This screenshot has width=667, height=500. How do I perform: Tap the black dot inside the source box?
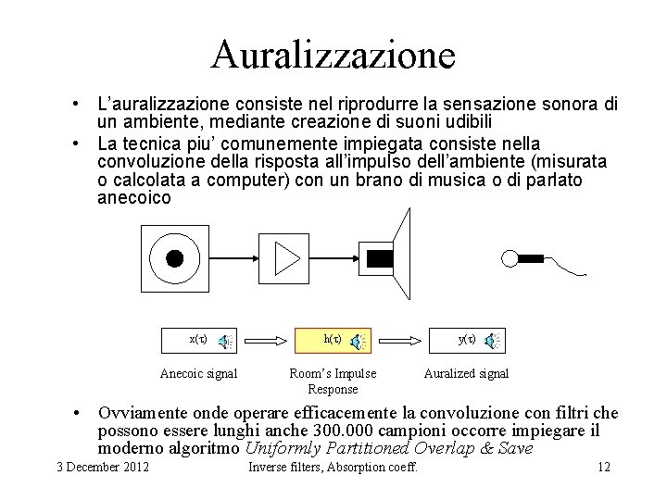[x=174, y=258]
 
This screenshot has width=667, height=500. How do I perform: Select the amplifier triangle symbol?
[x=288, y=258]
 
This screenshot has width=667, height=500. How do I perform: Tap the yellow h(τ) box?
[x=333, y=340]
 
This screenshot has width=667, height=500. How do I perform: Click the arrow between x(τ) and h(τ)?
[x=265, y=340]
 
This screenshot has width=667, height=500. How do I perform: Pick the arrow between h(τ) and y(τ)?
[x=399, y=340]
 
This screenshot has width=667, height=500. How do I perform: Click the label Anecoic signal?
[x=199, y=374]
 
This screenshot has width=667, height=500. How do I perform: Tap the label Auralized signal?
[x=466, y=374]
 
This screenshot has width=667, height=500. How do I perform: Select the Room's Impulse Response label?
[x=333, y=381]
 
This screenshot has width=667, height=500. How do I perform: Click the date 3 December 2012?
[x=103, y=466]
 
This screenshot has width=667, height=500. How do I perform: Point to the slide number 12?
[x=604, y=466]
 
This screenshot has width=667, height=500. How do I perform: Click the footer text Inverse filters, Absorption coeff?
[x=333, y=466]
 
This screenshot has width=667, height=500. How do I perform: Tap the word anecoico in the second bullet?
[x=134, y=197]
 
